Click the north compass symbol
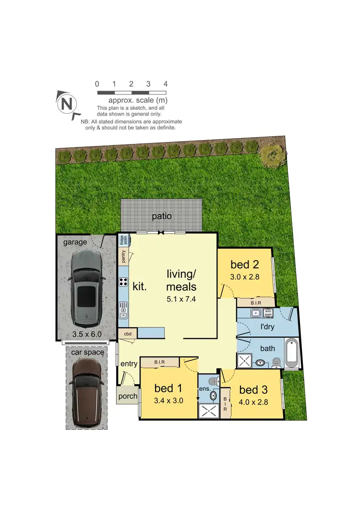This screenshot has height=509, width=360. click(67, 103)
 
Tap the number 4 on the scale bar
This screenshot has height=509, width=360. click(166, 84)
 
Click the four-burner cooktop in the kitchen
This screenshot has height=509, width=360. click(123, 282)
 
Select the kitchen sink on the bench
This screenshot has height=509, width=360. click(123, 310)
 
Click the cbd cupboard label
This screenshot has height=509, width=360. click(128, 333)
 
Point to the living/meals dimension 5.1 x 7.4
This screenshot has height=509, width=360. click(181, 299)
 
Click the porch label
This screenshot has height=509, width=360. click(128, 397)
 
